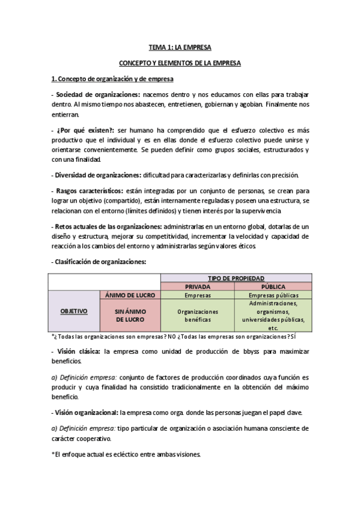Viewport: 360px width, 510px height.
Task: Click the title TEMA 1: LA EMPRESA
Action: tap(180, 46)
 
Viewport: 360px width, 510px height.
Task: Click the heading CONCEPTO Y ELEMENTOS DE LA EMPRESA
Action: tap(180, 63)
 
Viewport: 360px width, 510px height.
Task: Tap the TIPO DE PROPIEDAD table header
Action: tap(236, 278)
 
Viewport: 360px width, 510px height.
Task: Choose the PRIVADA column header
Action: tap(197, 287)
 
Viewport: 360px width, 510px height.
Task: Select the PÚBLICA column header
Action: tap(273, 287)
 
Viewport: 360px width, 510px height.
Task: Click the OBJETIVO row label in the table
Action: tap(74, 311)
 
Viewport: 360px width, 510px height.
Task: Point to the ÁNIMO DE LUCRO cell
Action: tap(130, 295)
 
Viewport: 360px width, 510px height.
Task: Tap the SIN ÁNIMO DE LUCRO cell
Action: tap(130, 315)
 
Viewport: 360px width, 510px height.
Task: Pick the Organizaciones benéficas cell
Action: tap(197, 316)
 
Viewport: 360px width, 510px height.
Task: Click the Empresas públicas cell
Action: tap(273, 295)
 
